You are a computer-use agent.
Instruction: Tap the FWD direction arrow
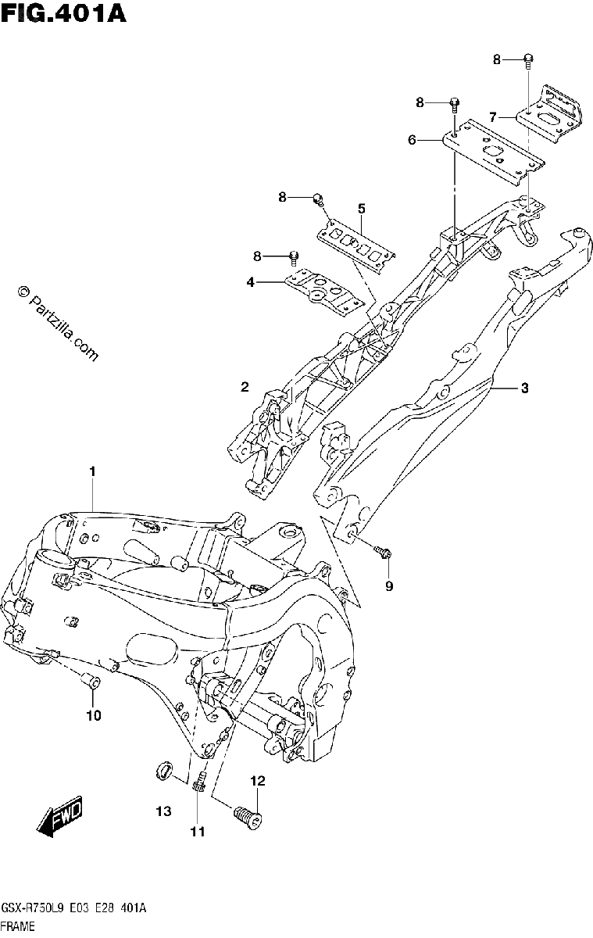pos(59,816)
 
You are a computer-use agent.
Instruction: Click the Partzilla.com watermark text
pos(58,324)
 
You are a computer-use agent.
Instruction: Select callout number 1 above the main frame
pos(92,471)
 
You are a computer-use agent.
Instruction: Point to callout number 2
pos(245,387)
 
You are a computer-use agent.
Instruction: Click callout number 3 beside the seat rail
pos(525,388)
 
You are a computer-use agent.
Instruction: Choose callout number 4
pos(250,283)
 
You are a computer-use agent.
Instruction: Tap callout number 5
pos(361,208)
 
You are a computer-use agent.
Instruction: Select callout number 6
pos(413,140)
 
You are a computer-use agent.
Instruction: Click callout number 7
pos(492,116)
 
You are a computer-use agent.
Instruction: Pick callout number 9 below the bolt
pos(389,586)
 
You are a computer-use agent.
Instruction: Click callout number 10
pos(94,716)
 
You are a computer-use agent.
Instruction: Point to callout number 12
pos(258,781)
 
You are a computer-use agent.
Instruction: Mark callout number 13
pos(163,811)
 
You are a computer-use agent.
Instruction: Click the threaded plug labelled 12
pos(247,817)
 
